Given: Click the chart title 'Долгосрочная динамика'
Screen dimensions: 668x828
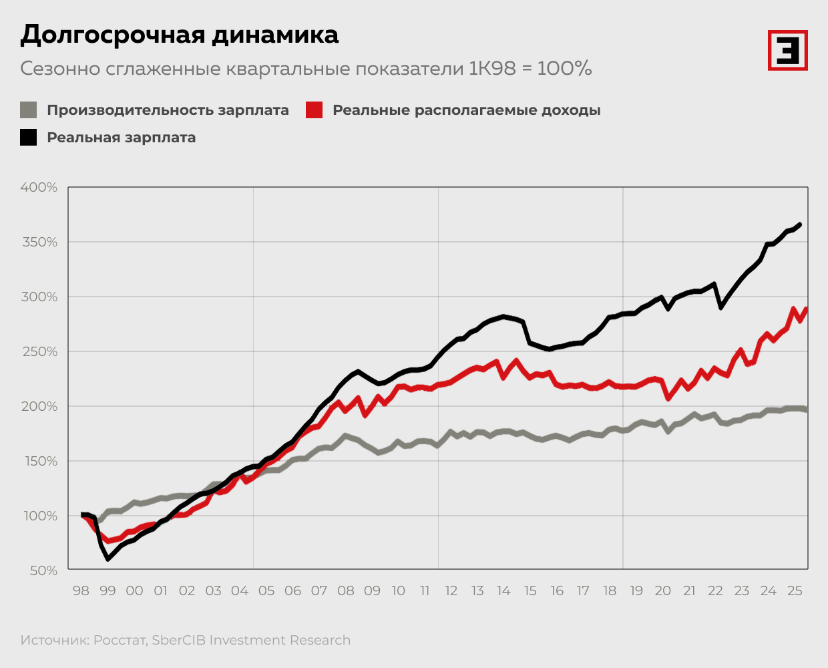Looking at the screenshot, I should tap(179, 35).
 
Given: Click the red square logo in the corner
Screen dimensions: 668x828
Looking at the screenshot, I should tap(787, 50).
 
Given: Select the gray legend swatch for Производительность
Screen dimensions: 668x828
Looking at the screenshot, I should tap(28, 110).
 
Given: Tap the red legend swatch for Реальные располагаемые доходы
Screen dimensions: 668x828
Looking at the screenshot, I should tap(314, 110).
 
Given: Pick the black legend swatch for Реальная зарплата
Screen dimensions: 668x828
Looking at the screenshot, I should tap(28, 138).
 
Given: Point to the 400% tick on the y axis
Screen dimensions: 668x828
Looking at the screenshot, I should tap(39, 188).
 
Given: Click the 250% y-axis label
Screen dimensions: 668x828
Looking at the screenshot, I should tap(39, 352).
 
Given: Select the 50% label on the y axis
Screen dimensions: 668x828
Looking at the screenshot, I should tap(43, 571).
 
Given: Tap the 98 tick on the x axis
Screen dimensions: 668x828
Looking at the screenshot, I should tap(81, 591).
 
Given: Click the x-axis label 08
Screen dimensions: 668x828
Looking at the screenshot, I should tap(345, 591).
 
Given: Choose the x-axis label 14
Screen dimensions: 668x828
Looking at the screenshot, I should tap(503, 591).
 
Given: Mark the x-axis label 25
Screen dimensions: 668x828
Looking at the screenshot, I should tap(795, 591).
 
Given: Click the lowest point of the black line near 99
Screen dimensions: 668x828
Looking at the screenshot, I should tap(108, 559).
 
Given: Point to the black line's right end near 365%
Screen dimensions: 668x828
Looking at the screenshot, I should tap(800, 224).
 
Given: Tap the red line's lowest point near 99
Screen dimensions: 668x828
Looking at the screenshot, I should tap(109, 540).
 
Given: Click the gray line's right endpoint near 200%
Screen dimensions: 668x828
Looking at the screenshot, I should tap(806, 409).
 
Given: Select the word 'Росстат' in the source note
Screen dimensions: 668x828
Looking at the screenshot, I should tap(120, 641).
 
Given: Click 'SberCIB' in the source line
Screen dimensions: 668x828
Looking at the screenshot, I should tap(179, 641).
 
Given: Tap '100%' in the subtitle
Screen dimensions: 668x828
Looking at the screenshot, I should tap(564, 69).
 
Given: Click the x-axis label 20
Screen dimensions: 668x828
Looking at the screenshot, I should tap(662, 591).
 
